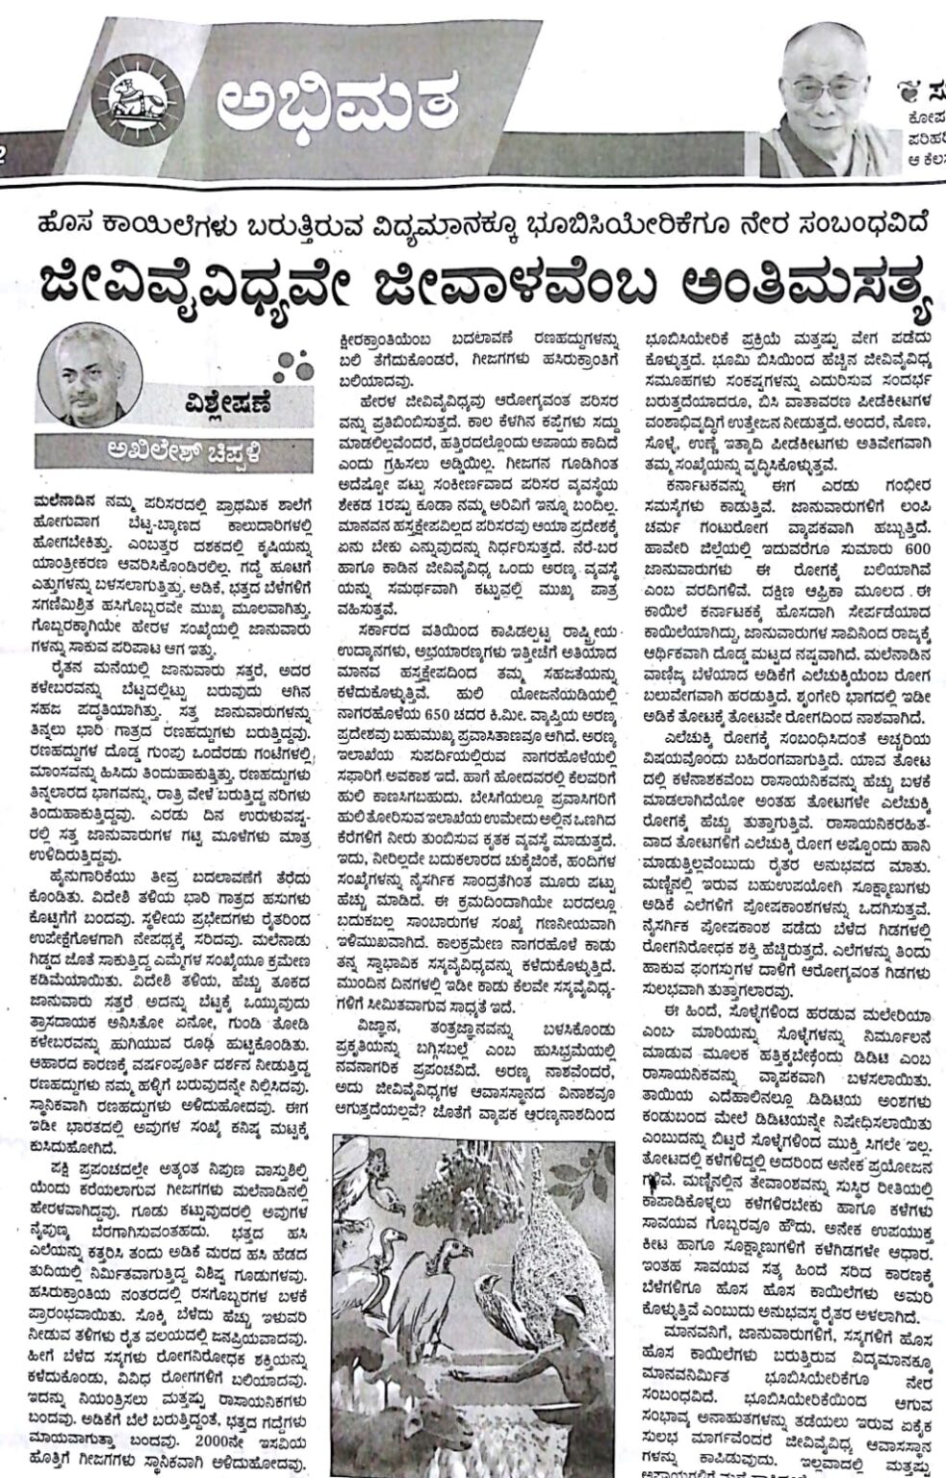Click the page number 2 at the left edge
coord(5,158)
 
